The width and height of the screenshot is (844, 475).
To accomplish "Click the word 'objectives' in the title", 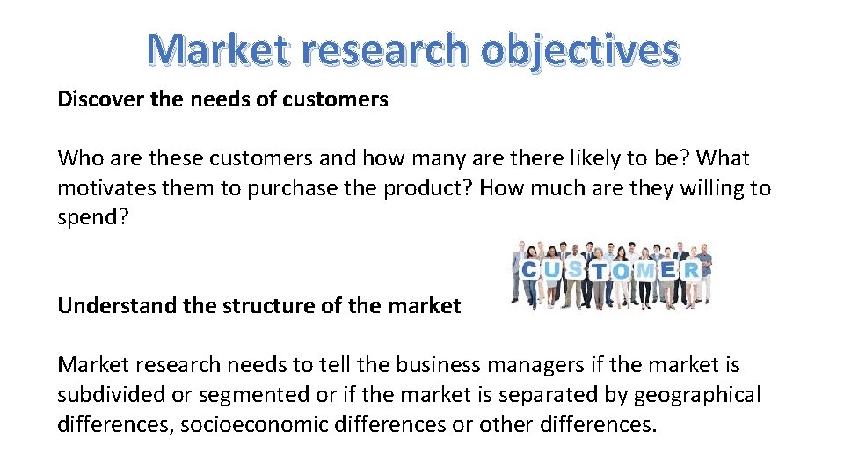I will (579, 50).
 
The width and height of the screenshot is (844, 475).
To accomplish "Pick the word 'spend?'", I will (92, 218).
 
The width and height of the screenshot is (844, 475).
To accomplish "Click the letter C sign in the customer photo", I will (530, 270).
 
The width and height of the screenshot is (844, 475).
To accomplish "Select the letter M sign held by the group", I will (645, 271).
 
